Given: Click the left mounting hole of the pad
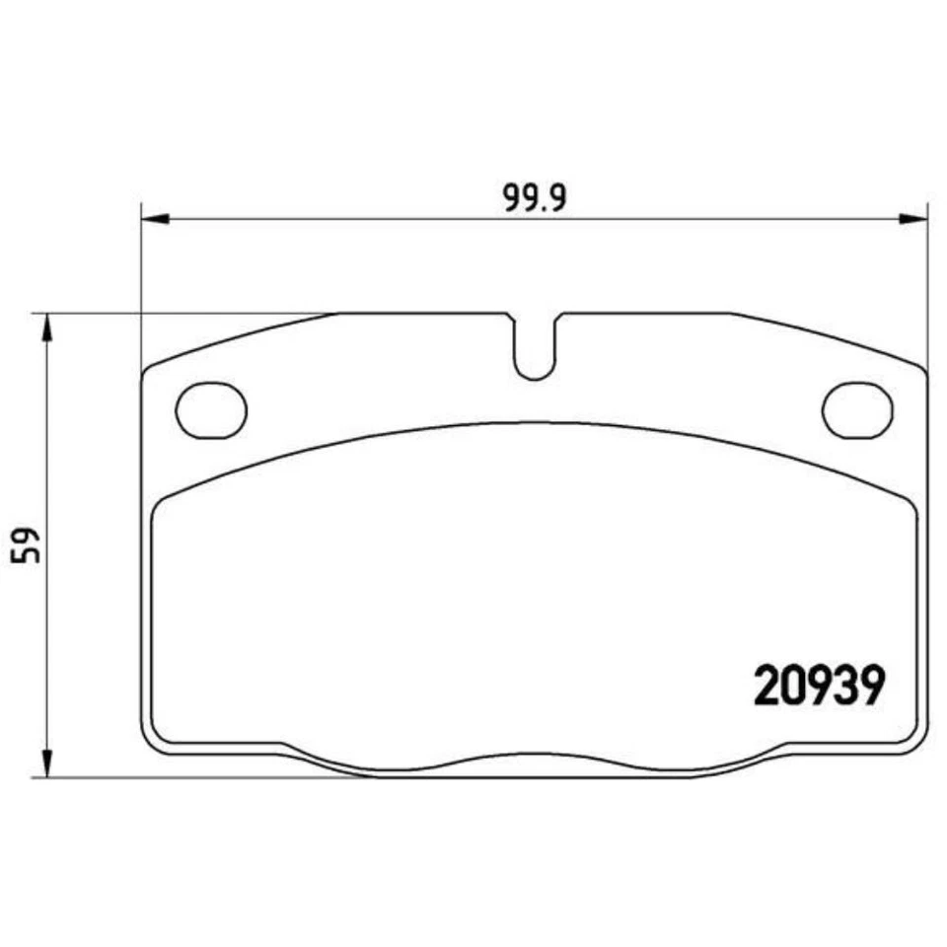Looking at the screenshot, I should pos(211,409).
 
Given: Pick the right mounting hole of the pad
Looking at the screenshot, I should pos(856,409).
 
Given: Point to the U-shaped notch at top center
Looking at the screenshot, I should pos(534,350).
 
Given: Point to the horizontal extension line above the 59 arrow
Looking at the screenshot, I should pos(178,314).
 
